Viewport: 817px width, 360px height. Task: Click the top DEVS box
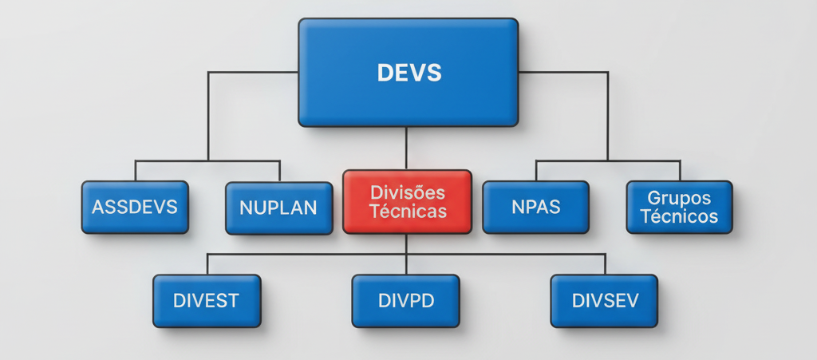[408, 73]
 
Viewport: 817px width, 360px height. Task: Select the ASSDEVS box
[135, 207]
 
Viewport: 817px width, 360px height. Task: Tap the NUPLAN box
[278, 208]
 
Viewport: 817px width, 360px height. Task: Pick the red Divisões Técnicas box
[407, 201]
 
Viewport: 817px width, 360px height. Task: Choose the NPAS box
[535, 207]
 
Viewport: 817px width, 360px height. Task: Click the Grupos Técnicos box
[679, 207]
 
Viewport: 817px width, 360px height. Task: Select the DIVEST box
[207, 301]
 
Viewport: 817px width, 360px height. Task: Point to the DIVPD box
[405, 301]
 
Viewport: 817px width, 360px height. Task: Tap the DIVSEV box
[604, 301]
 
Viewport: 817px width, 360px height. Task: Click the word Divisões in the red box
[407, 192]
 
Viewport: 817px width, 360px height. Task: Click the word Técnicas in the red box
[407, 212]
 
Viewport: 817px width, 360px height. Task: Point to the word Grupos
[679, 198]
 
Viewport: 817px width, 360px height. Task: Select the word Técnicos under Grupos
[679, 216]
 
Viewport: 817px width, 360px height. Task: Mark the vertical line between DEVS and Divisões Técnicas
[407, 148]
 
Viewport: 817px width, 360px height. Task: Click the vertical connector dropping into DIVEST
[207, 264]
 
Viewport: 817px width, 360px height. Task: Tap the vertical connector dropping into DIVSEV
[605, 264]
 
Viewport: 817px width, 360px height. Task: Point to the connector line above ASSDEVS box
[135, 171]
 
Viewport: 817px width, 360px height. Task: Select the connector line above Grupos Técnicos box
[680, 170]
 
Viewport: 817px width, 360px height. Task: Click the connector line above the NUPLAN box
[279, 171]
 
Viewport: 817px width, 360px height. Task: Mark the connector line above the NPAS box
[535, 170]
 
